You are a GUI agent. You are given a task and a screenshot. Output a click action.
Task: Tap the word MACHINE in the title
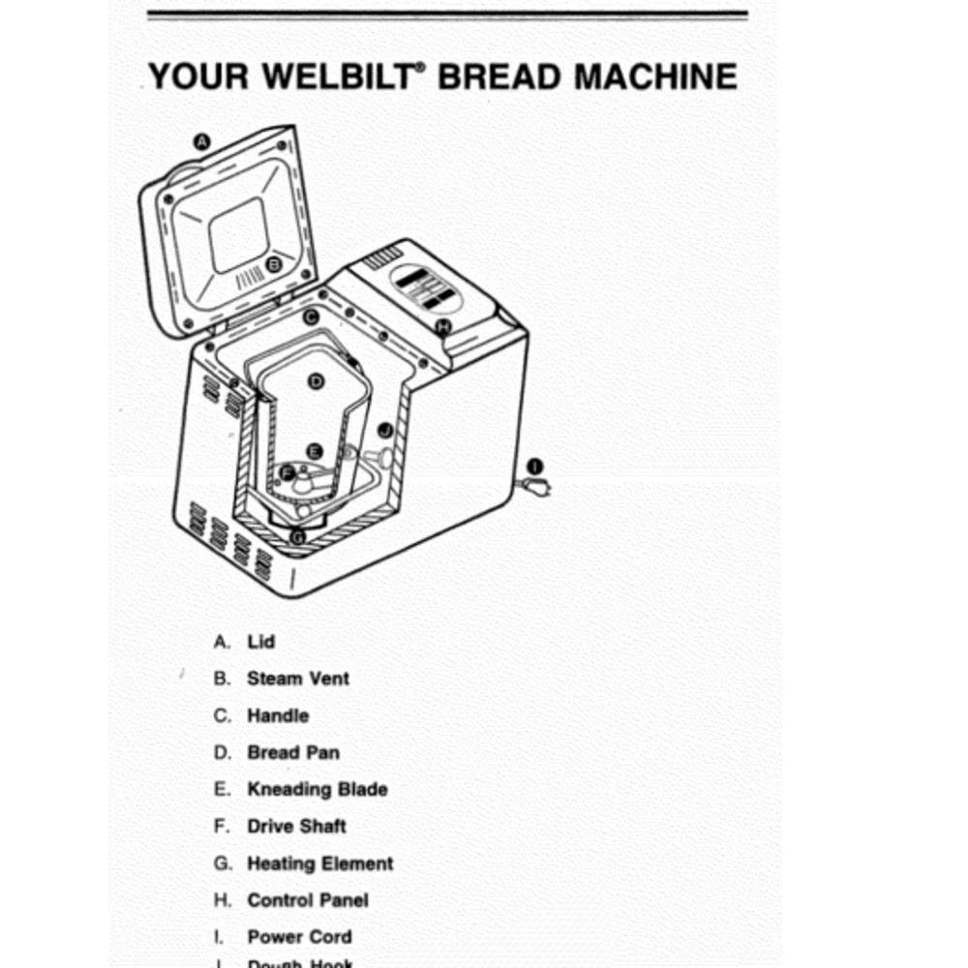click(x=656, y=76)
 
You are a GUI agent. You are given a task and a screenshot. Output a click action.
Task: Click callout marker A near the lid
click(x=202, y=141)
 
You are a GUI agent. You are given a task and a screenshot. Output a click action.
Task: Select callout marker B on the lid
click(x=274, y=263)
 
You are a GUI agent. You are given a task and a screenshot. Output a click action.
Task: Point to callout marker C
click(x=311, y=317)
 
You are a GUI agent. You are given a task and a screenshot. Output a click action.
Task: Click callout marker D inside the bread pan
click(x=316, y=381)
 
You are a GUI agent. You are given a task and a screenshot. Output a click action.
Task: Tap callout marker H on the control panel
click(x=443, y=326)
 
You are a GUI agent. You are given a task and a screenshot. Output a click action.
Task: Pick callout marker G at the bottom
click(x=298, y=536)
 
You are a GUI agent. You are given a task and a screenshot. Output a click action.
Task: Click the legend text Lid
click(x=261, y=642)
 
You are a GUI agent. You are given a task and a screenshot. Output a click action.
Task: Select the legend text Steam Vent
click(x=298, y=679)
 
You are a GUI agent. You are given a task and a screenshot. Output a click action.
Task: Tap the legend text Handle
click(x=278, y=715)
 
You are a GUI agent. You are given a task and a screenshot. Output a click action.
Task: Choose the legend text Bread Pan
click(x=293, y=752)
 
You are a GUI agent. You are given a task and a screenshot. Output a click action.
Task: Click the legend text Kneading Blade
click(x=318, y=789)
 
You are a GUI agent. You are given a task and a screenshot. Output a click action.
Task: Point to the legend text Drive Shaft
click(x=296, y=826)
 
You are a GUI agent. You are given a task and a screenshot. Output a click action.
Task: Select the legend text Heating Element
click(x=320, y=862)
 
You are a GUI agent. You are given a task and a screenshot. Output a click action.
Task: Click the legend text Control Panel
click(x=308, y=899)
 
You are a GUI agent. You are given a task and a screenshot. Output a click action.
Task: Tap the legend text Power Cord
click(x=299, y=936)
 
